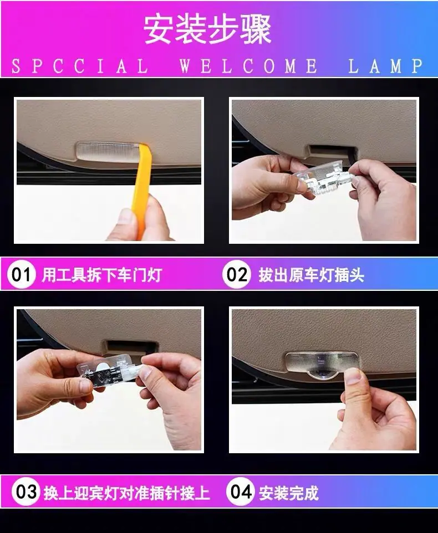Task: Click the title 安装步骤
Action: click(x=207, y=29)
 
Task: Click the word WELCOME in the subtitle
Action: click(x=249, y=66)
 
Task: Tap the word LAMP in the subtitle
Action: click(x=386, y=66)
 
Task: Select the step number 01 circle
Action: click(x=22, y=274)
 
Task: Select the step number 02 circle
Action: click(x=237, y=274)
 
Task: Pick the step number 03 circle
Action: click(x=26, y=492)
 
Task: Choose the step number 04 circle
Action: click(x=241, y=492)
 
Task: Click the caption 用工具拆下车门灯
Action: click(x=101, y=275)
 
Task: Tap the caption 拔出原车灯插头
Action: click(x=311, y=275)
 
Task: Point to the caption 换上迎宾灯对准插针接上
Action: click(x=126, y=493)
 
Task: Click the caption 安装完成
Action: click(x=289, y=493)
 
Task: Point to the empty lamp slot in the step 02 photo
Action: click(x=331, y=151)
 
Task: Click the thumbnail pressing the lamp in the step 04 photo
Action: click(x=353, y=376)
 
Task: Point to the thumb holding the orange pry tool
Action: click(x=123, y=221)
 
